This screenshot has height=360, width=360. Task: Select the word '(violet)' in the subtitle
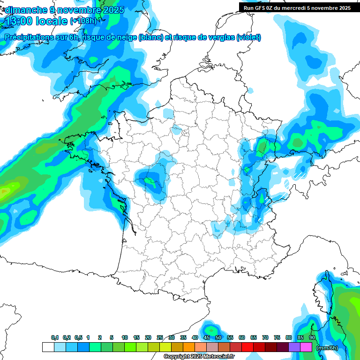[249, 37]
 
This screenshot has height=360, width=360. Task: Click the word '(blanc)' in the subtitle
[150, 37]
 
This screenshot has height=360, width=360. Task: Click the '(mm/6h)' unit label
[326, 348]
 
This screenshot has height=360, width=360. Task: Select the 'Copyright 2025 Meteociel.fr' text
[199, 357]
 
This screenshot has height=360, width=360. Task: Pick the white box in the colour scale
[48, 347]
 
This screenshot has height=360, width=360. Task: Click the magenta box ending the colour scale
[307, 347]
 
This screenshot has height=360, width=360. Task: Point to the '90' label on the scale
[312, 337]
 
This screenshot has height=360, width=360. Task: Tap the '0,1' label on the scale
[55, 337]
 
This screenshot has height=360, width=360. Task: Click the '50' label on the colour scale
[218, 337]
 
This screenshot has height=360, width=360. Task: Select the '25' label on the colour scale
[160, 337]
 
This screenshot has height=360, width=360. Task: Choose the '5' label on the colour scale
[112, 337]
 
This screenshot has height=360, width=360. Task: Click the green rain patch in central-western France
[150, 180]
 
